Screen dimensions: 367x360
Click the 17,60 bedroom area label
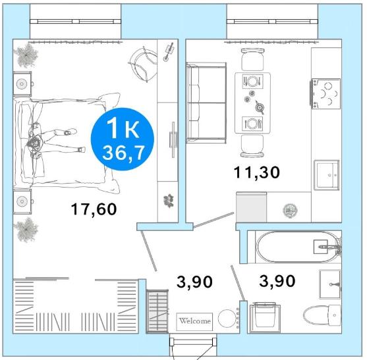[x=94, y=209]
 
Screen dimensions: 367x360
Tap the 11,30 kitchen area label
[x=257, y=172]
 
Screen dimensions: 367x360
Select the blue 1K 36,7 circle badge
[x=122, y=139]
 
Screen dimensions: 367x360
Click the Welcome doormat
[x=194, y=322]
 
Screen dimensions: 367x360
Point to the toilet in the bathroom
[x=322, y=315]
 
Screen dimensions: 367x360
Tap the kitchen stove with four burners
[x=325, y=93]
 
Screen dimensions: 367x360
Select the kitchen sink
[x=327, y=174]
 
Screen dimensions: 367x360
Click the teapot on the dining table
[x=260, y=107]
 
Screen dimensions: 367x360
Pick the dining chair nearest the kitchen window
[x=252, y=59]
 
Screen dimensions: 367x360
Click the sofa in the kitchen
[x=206, y=103]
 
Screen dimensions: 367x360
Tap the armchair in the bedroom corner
[x=143, y=64]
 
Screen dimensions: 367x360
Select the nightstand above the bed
[x=22, y=84]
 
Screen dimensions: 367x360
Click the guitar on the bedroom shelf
[x=169, y=52]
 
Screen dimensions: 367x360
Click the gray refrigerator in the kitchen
[x=252, y=207]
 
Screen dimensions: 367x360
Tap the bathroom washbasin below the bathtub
[x=330, y=284]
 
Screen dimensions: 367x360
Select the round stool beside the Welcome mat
[x=227, y=319]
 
